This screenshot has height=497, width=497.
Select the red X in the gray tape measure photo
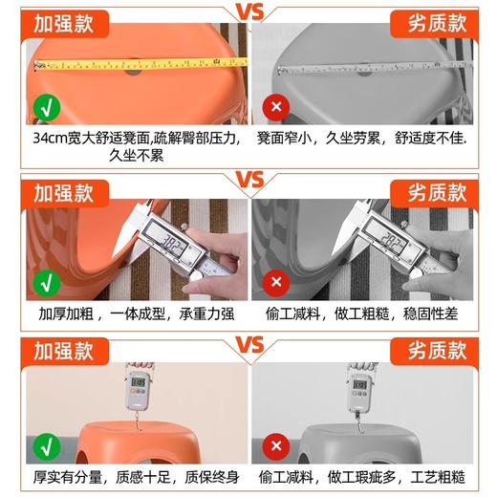tap(277, 105)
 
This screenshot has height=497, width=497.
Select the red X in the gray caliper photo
tap(277, 281)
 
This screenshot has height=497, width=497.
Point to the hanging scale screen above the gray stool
tap(360, 386)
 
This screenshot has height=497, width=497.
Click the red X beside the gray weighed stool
tap(277, 444)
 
